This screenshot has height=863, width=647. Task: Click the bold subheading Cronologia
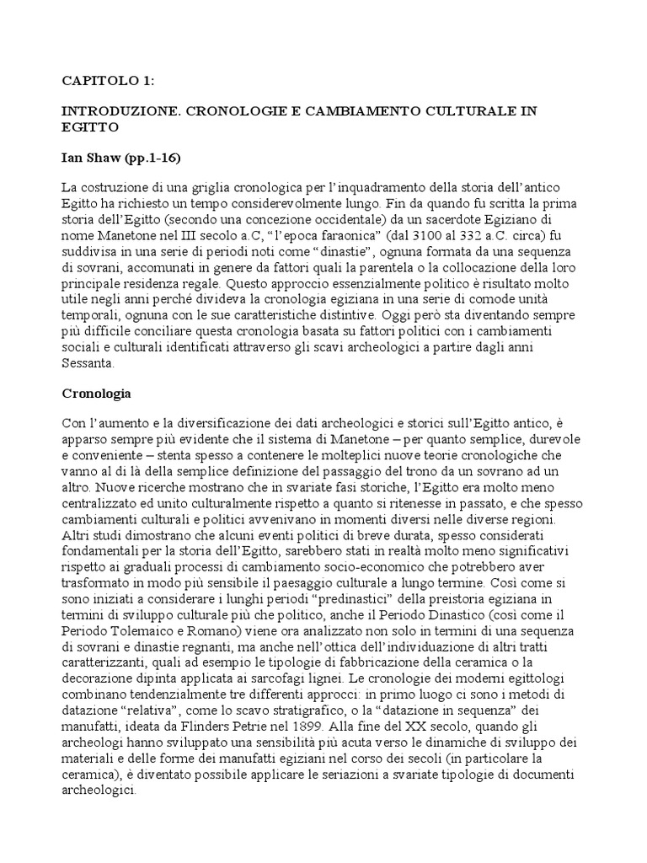(97, 394)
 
